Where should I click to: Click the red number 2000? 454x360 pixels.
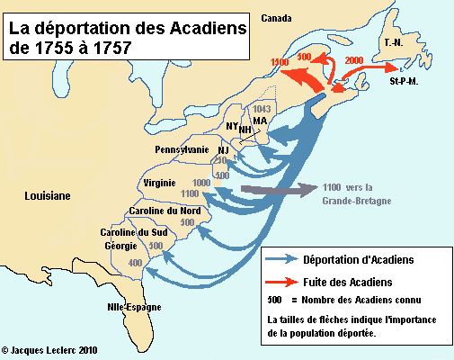[354, 58]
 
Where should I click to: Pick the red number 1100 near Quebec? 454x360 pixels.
[280, 61]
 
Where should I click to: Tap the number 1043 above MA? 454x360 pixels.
[263, 108]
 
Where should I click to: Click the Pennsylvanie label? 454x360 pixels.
[182, 149]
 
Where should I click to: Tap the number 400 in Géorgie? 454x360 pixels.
[136, 263]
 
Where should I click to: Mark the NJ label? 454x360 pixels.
[224, 149]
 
